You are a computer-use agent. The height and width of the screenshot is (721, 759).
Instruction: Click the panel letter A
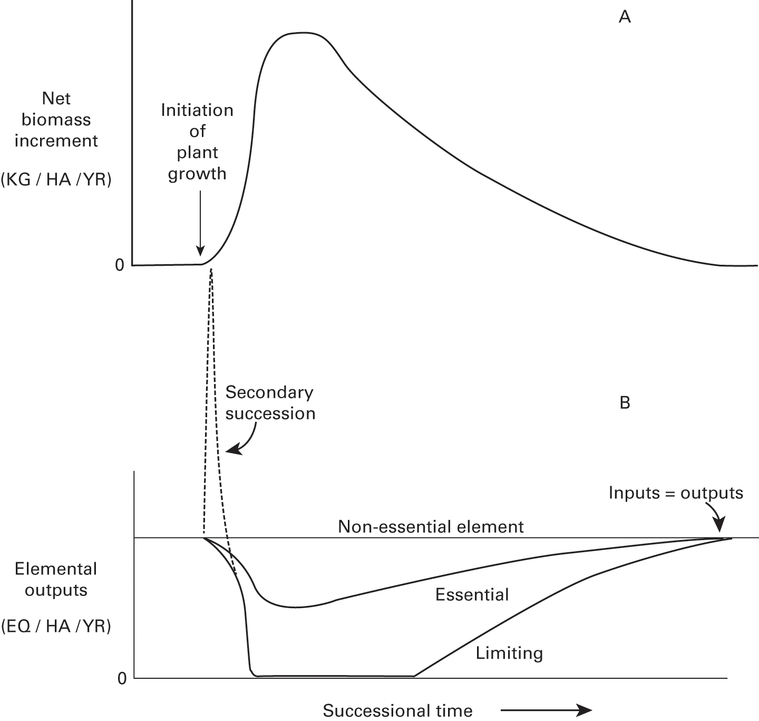[x=625, y=17]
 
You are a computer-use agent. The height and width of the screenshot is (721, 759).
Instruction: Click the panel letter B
[x=625, y=403]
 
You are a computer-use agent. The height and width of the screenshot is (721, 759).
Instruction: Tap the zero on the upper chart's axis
[x=120, y=265]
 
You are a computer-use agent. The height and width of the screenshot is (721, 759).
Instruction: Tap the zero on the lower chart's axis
[x=122, y=678]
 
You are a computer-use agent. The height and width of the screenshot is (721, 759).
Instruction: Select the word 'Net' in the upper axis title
[x=56, y=99]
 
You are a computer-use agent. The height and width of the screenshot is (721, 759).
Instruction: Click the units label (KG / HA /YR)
[x=56, y=180]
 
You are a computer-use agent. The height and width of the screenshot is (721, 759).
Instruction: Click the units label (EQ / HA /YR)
[x=56, y=627]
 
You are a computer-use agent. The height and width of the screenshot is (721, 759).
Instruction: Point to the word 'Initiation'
[x=197, y=110]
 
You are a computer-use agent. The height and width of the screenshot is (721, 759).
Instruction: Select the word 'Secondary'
[x=269, y=392]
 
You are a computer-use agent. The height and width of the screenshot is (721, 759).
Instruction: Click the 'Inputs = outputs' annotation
[x=676, y=493]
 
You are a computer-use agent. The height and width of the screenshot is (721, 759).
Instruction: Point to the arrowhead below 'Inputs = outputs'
[x=720, y=530]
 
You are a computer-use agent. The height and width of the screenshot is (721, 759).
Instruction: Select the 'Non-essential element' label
[x=431, y=527]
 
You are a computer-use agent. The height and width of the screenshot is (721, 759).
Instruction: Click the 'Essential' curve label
[x=472, y=595]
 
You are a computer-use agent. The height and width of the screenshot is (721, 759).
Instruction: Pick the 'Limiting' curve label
[x=509, y=653]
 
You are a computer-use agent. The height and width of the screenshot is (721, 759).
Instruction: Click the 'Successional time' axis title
[x=398, y=710]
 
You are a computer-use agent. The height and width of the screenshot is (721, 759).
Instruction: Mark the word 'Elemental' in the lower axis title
[x=56, y=569]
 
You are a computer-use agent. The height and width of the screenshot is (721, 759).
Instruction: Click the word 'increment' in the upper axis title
[x=56, y=141]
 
